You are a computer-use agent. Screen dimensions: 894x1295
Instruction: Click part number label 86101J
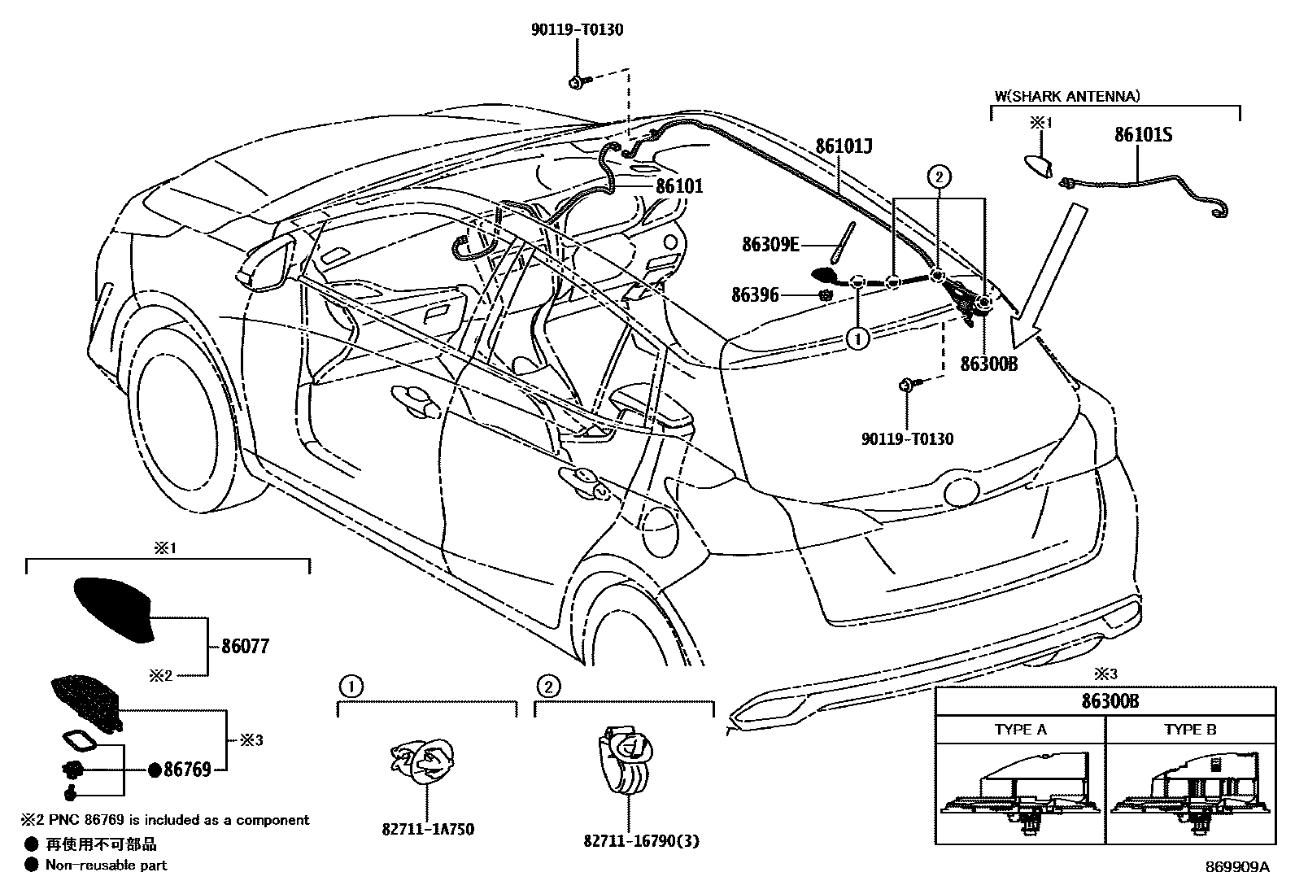(844, 147)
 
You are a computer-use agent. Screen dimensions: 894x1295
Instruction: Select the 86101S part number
(1142, 135)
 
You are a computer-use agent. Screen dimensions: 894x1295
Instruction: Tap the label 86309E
(770, 243)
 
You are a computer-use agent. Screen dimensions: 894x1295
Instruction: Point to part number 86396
(755, 295)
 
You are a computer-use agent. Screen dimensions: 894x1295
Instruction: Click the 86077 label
(245, 647)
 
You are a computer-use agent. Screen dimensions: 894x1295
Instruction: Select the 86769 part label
(187, 769)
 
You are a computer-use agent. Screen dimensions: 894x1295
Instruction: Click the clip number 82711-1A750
(428, 829)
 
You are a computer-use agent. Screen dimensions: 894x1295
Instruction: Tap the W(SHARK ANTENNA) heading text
(1066, 96)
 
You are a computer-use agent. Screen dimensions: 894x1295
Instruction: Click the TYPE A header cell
(1020, 730)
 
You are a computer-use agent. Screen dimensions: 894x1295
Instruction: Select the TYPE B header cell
(1190, 730)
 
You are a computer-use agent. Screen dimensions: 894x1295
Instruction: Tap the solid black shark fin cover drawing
(114, 608)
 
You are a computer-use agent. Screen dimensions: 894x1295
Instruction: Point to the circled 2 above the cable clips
(939, 176)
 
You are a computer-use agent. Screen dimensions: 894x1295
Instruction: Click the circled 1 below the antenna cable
(857, 338)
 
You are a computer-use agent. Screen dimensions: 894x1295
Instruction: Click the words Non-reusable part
(106, 865)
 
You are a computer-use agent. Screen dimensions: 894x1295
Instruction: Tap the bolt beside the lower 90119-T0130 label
(906, 386)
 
